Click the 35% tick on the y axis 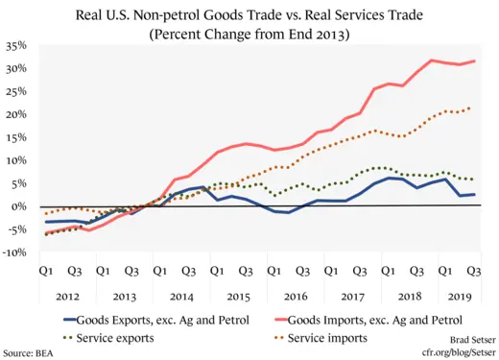click(x=15, y=46)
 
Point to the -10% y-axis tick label click(x=14, y=253)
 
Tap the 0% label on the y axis click(x=19, y=207)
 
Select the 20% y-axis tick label click(x=15, y=115)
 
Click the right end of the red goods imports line click(x=474, y=61)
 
